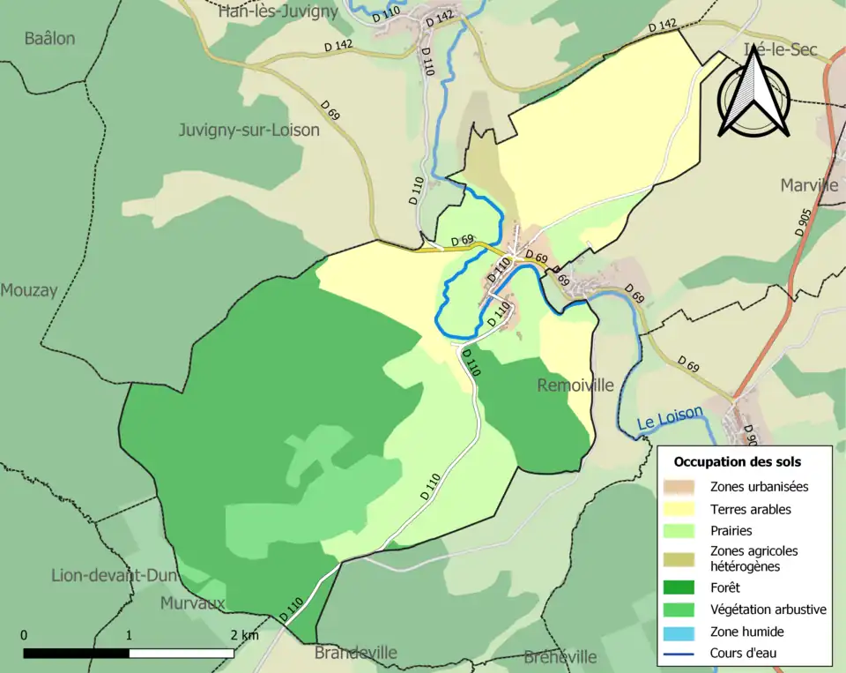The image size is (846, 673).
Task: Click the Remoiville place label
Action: tap(575, 385)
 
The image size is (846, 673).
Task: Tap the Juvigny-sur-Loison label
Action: tap(249, 130)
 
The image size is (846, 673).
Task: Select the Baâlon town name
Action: tap(49, 38)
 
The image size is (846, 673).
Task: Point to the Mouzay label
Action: tap(28, 290)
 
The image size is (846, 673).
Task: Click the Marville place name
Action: tap(809, 185)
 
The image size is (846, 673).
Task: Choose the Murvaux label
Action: tap(192, 603)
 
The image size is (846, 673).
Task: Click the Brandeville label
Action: tap(355, 653)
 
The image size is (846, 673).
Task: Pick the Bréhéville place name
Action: tap(560, 657)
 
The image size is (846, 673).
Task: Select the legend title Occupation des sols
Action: tap(737, 461)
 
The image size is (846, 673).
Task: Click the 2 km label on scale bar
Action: tap(244, 635)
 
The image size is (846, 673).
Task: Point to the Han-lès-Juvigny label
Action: tap(278, 11)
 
